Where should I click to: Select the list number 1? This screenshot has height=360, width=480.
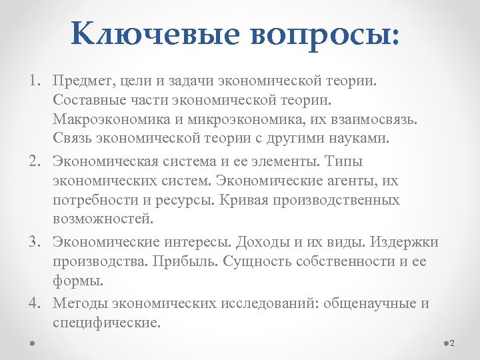33,82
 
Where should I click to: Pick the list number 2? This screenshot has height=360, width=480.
33,161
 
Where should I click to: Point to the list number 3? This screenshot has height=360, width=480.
33,241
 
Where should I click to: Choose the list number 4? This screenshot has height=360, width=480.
33,304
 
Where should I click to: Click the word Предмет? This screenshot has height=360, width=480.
82,82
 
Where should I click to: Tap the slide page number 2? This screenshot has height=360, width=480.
451,343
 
